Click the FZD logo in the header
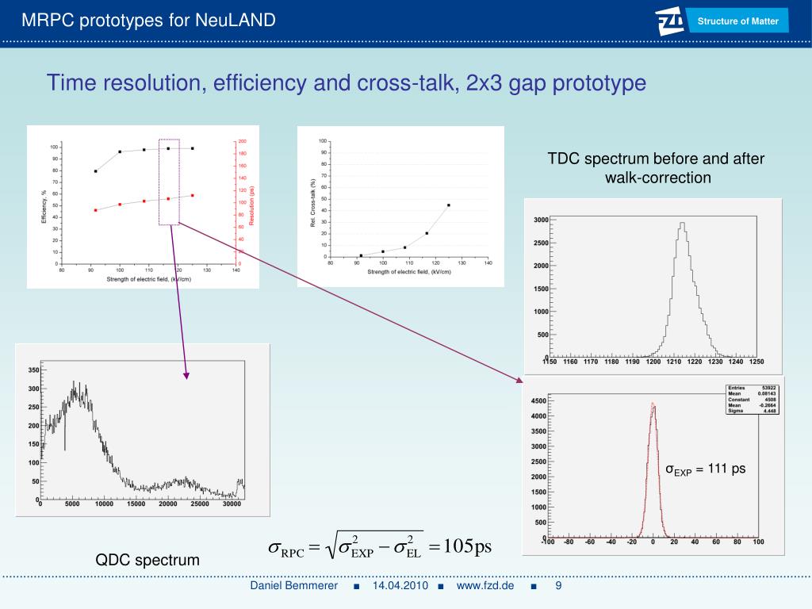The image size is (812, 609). coord(672,21)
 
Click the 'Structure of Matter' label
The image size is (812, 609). coord(737,21)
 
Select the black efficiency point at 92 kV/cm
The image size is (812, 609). coord(95,170)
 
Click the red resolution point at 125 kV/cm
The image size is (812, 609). coord(193,195)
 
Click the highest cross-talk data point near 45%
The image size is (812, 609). coord(449,205)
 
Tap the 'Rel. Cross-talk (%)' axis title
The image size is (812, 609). coord(313,203)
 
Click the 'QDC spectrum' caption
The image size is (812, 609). coord(147,560)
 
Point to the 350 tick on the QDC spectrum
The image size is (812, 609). coord(33,370)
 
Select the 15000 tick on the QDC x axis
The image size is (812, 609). coord(136,504)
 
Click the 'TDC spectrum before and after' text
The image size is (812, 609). coord(656,159)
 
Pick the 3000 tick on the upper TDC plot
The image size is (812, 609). coord(541,220)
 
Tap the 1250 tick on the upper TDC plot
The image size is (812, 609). coord(756,362)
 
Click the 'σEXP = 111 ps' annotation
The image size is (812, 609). coord(705,469)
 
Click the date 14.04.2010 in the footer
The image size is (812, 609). coord(400,586)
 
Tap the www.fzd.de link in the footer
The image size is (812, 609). coord(485,586)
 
